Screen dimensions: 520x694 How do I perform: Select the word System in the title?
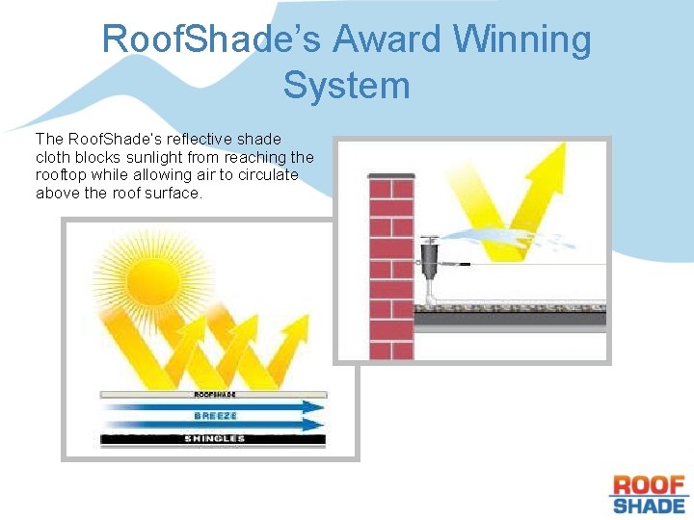coord(346,86)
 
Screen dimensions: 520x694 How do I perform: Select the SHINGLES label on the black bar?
coord(214,439)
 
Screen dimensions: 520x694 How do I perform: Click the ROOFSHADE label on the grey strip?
coord(214,395)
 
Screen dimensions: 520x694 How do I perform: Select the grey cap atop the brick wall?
coord(391,175)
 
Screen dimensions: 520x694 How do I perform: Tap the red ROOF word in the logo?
coord(649,484)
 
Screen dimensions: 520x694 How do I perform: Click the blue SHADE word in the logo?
coord(649,505)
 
